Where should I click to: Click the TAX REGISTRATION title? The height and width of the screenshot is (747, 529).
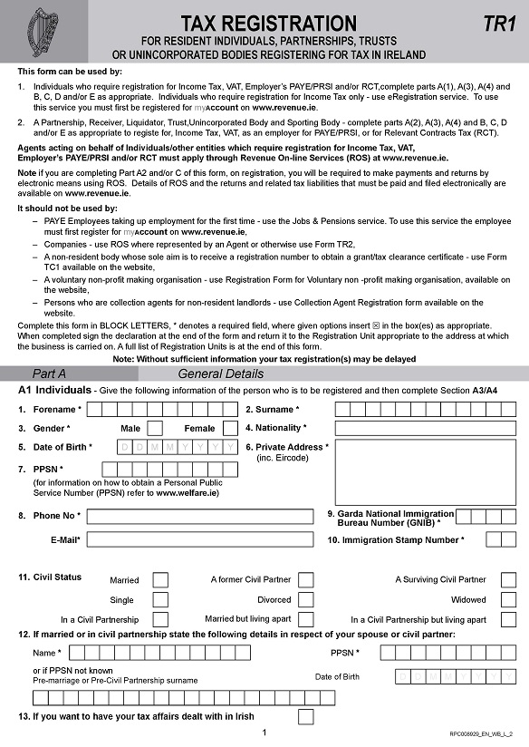[269, 23]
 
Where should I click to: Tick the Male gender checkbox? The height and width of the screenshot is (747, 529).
[155, 429]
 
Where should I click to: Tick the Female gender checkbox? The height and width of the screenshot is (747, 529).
[230, 429]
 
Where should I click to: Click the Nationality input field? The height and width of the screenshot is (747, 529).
[425, 428]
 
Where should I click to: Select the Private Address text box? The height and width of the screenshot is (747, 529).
[425, 471]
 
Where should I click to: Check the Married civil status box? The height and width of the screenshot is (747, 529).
[160, 580]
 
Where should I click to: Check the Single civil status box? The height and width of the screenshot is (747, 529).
[160, 599]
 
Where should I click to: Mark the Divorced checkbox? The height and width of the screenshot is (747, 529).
[306, 599]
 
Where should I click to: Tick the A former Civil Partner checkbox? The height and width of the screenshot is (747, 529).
[306, 580]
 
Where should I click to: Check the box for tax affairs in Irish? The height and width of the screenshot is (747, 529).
[306, 717]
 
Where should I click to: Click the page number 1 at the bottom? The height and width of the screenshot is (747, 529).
[264, 732]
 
